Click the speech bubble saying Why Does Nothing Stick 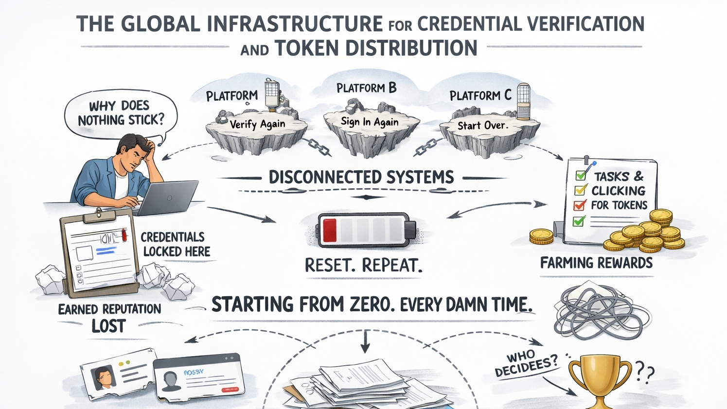point(120,113)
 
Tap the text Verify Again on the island point(257,124)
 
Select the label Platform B point(366,88)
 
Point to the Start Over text point(482,125)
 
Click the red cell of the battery point(330,230)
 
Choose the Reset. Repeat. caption point(363,266)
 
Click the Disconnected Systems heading point(361,177)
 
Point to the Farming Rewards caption point(596,263)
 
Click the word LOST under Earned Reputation point(109,326)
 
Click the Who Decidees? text point(527,363)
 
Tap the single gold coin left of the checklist point(541,236)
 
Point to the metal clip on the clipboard point(99,213)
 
